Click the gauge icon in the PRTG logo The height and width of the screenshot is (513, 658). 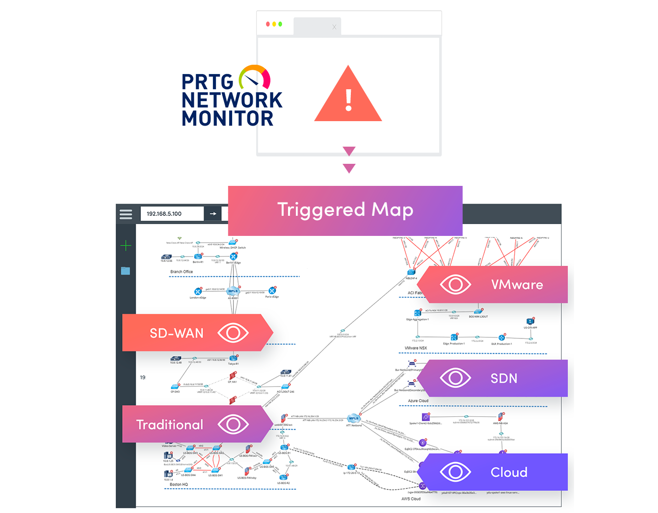pos(255,78)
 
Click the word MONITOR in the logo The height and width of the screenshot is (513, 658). pos(227,119)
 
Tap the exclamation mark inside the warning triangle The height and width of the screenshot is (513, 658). pos(348,100)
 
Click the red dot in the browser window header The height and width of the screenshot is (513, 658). pos(267,24)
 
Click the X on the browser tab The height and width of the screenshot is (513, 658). pos(334,27)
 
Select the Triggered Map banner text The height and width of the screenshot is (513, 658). pos(345,210)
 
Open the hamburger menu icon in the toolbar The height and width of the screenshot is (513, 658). pos(126,214)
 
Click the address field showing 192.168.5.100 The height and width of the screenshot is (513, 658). pos(172,214)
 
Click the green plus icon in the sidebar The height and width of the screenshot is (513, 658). pos(126,246)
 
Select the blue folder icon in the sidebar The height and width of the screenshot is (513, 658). pos(126,271)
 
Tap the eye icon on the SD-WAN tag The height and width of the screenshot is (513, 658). pos(233,333)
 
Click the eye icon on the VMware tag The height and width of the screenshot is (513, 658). pos(455,284)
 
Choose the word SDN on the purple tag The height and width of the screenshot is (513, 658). pos(504,379)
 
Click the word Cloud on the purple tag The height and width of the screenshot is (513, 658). pos(509,472)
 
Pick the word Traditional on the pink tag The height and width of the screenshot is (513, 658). pos(169,425)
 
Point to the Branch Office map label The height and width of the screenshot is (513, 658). pos(182,272)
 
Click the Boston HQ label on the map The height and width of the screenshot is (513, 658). pos(179,485)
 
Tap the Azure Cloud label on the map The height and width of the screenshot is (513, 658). pos(418,401)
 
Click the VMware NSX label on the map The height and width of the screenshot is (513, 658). pos(416,348)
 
